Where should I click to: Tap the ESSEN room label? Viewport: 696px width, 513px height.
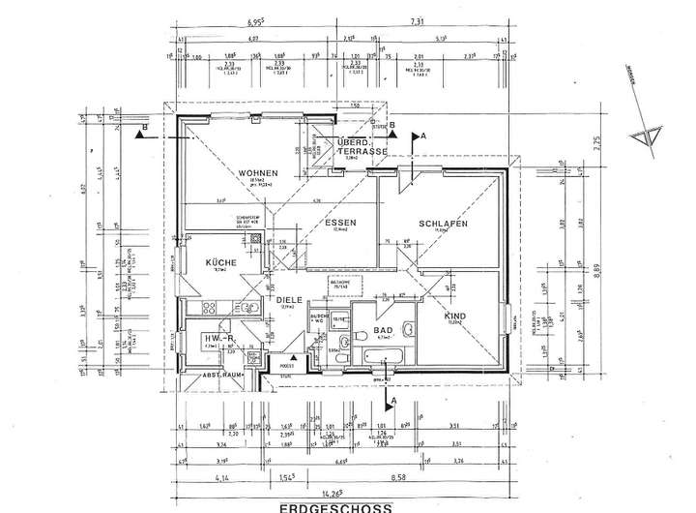340,223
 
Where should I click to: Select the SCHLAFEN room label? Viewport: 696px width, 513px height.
444,224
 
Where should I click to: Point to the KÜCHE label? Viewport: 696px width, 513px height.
219,262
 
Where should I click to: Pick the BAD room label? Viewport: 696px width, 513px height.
383,329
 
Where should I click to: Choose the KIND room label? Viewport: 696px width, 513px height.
455,317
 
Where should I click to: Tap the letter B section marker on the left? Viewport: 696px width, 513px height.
144,126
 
